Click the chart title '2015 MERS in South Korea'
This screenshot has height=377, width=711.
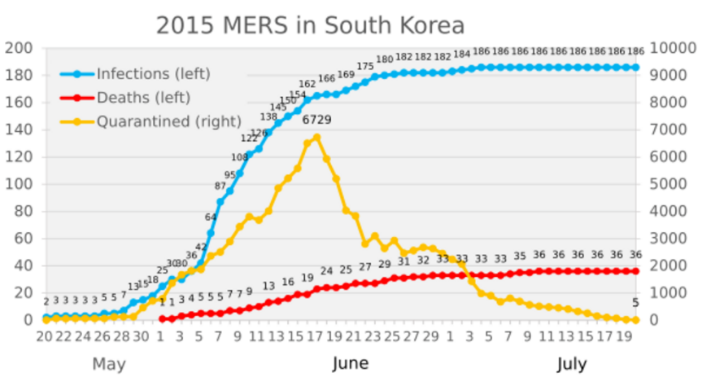point(310,24)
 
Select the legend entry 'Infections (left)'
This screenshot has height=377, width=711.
point(153,74)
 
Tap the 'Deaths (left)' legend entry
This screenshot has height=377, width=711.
point(143,98)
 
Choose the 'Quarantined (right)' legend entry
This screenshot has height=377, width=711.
point(168,122)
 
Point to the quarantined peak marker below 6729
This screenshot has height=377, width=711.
point(316,138)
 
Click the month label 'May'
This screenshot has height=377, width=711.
point(109,364)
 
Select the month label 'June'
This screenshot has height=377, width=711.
point(351,364)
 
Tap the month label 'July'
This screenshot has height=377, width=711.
point(572,364)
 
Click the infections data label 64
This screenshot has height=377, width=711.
point(211,217)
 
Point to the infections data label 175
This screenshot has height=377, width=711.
point(365,66)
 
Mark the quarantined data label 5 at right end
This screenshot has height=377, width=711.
point(635,304)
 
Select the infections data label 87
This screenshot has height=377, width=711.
point(220,186)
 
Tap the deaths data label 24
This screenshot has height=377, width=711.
point(326,271)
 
